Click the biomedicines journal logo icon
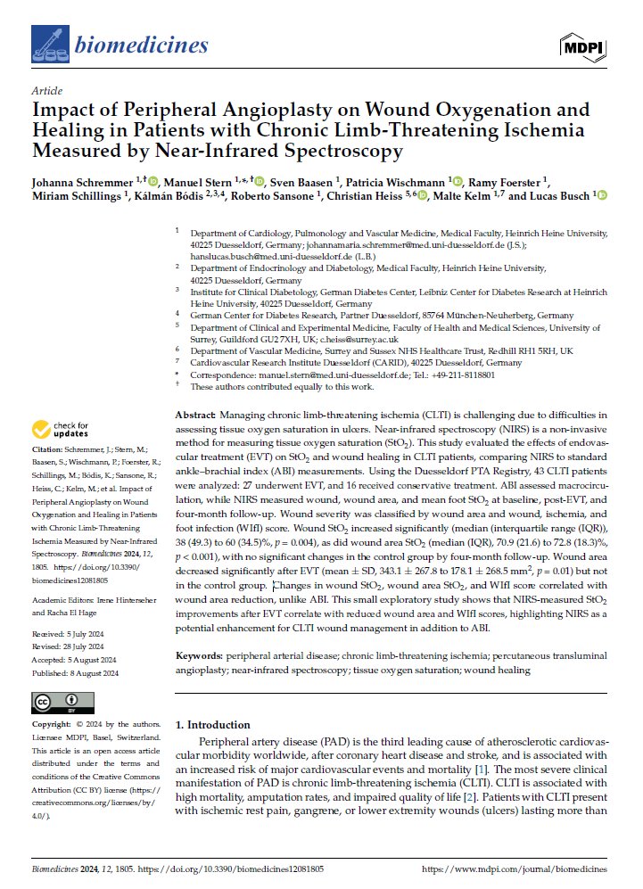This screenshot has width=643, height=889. pos(44,42)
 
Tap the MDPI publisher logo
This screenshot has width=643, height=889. pos(584,45)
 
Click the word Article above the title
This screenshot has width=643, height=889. pos(45,91)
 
